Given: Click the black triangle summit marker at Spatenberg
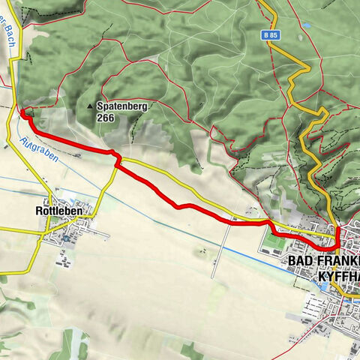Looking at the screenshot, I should point(90,106).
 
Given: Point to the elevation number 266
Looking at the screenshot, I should point(105,118).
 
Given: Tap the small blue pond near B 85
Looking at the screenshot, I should point(307,25).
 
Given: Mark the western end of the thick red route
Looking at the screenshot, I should point(22,112).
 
